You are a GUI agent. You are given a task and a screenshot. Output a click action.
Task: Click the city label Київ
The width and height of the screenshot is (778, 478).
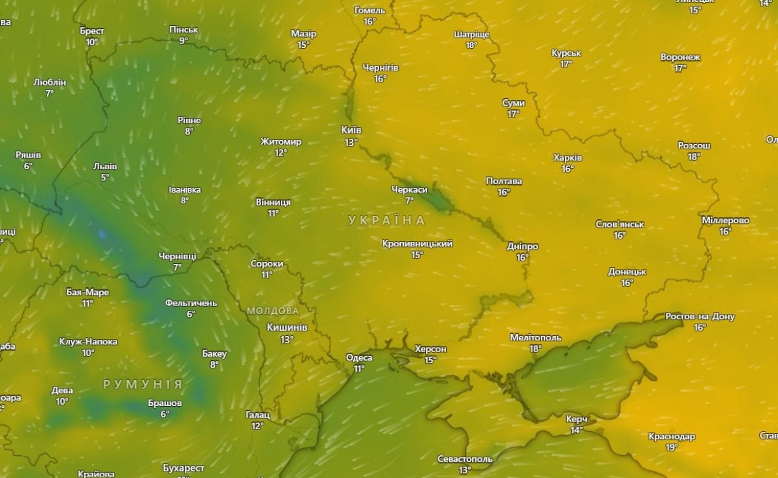click(x=351, y=130)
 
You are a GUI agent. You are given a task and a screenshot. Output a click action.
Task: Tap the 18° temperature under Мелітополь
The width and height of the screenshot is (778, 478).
click(x=535, y=348)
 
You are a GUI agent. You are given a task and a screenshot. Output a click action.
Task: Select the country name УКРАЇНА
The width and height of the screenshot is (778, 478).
click(x=386, y=221)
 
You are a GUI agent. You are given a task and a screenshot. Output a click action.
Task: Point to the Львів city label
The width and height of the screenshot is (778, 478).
click(x=105, y=166)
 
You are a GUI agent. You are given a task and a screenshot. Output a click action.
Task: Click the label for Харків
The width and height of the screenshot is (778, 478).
click(x=568, y=158)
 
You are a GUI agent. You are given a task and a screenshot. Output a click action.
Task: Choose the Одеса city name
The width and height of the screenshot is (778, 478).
click(x=359, y=357)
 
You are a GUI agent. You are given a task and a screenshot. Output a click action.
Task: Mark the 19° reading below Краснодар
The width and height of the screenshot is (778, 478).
click(x=671, y=448)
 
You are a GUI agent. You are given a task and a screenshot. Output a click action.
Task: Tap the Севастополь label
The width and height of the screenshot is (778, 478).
click(x=465, y=459)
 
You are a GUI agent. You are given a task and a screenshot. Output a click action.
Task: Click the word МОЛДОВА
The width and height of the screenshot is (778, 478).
click(x=273, y=311)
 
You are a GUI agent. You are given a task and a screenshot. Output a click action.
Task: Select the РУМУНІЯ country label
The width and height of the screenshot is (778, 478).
click(x=143, y=384)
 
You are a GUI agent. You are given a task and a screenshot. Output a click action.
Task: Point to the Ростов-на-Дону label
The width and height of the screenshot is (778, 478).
click(x=700, y=317)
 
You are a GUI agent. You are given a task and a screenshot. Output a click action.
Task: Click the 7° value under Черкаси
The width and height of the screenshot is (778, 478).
click(x=409, y=200)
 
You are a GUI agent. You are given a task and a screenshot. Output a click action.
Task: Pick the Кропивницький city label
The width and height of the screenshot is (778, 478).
click(x=417, y=244)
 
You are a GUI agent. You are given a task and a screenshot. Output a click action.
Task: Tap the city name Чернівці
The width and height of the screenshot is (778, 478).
click(x=177, y=256)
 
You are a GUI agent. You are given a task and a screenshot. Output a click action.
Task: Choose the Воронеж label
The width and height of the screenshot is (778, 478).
click(x=680, y=57)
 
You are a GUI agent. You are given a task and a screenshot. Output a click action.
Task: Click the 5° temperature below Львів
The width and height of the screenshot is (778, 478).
click(x=105, y=177)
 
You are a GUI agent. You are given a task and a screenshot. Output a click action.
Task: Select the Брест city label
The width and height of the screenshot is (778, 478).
click(x=92, y=30)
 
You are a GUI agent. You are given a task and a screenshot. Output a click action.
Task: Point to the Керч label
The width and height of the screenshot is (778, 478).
click(x=576, y=419)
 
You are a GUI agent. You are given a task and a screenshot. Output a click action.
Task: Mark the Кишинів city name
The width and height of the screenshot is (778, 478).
click(x=287, y=328)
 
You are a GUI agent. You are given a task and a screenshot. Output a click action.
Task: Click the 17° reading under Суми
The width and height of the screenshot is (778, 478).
click(x=513, y=114)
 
